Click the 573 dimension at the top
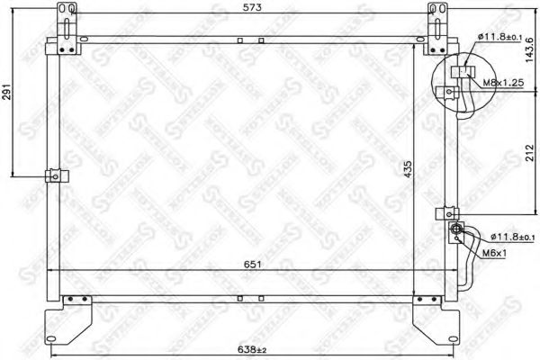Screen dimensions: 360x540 tap(246, 8)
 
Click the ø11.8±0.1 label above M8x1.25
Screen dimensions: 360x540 tap(504, 36)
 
